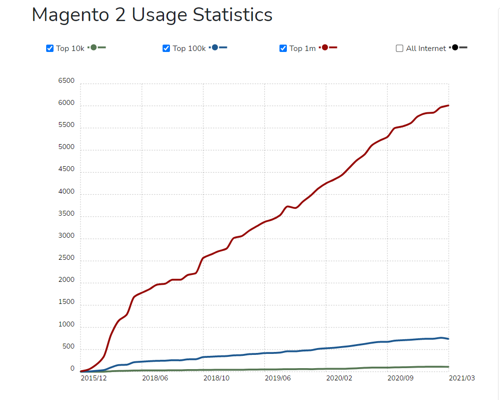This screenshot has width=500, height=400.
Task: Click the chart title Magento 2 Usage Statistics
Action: [152, 15]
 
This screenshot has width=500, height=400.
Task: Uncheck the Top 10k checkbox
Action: [50, 48]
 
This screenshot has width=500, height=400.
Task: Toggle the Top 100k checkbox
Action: [166, 48]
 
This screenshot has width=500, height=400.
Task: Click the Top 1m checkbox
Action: [283, 48]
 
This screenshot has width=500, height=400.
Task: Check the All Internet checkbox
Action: [399, 48]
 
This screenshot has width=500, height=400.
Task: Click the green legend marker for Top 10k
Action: [94, 48]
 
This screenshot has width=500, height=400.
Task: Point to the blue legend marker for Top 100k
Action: [215, 48]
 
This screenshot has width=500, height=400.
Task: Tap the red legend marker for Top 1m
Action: [325, 48]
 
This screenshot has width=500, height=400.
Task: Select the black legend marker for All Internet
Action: [455, 48]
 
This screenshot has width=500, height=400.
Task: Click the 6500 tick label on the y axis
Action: [66, 81]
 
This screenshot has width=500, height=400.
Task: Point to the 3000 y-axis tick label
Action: [66, 236]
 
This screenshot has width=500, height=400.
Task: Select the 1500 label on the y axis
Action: [66, 302]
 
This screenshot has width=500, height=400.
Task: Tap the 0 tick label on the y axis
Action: [72, 369]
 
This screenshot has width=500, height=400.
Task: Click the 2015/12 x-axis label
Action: [94, 378]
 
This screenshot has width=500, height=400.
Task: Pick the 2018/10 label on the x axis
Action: [217, 378]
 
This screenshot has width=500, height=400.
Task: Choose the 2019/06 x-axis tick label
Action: [278, 378]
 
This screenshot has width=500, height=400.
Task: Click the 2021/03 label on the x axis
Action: [462, 378]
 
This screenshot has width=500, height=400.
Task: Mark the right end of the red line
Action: [448, 105]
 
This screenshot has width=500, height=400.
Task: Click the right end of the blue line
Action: [448, 339]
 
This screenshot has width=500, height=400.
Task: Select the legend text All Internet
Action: [426, 48]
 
